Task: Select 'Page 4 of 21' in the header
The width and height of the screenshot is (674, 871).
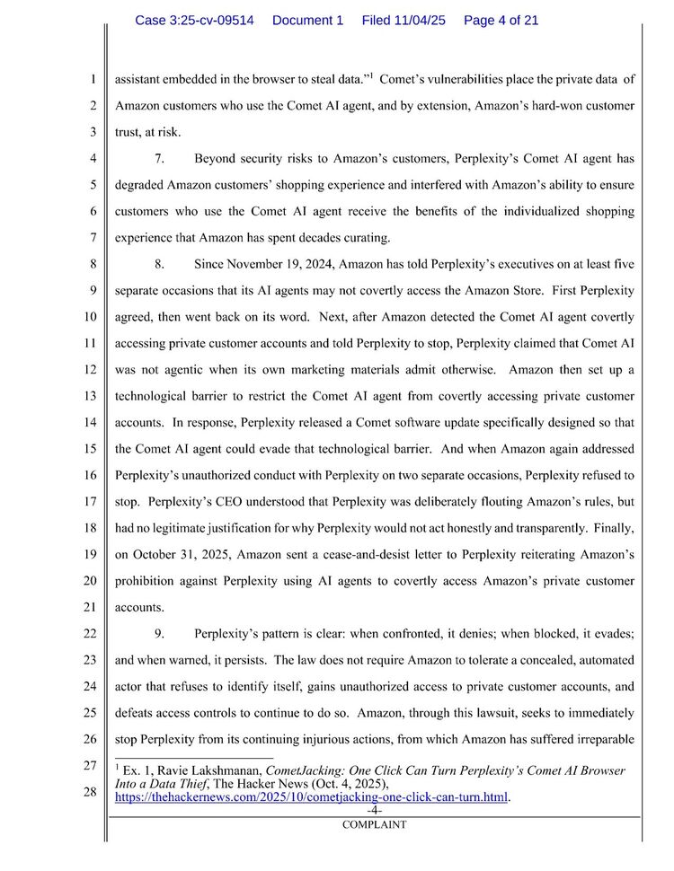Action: pos(501,20)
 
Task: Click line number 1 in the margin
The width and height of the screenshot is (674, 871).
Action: pos(93,79)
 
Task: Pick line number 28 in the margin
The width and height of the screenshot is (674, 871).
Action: pos(90,791)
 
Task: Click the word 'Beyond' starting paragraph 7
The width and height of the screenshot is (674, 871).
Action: pos(216,159)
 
